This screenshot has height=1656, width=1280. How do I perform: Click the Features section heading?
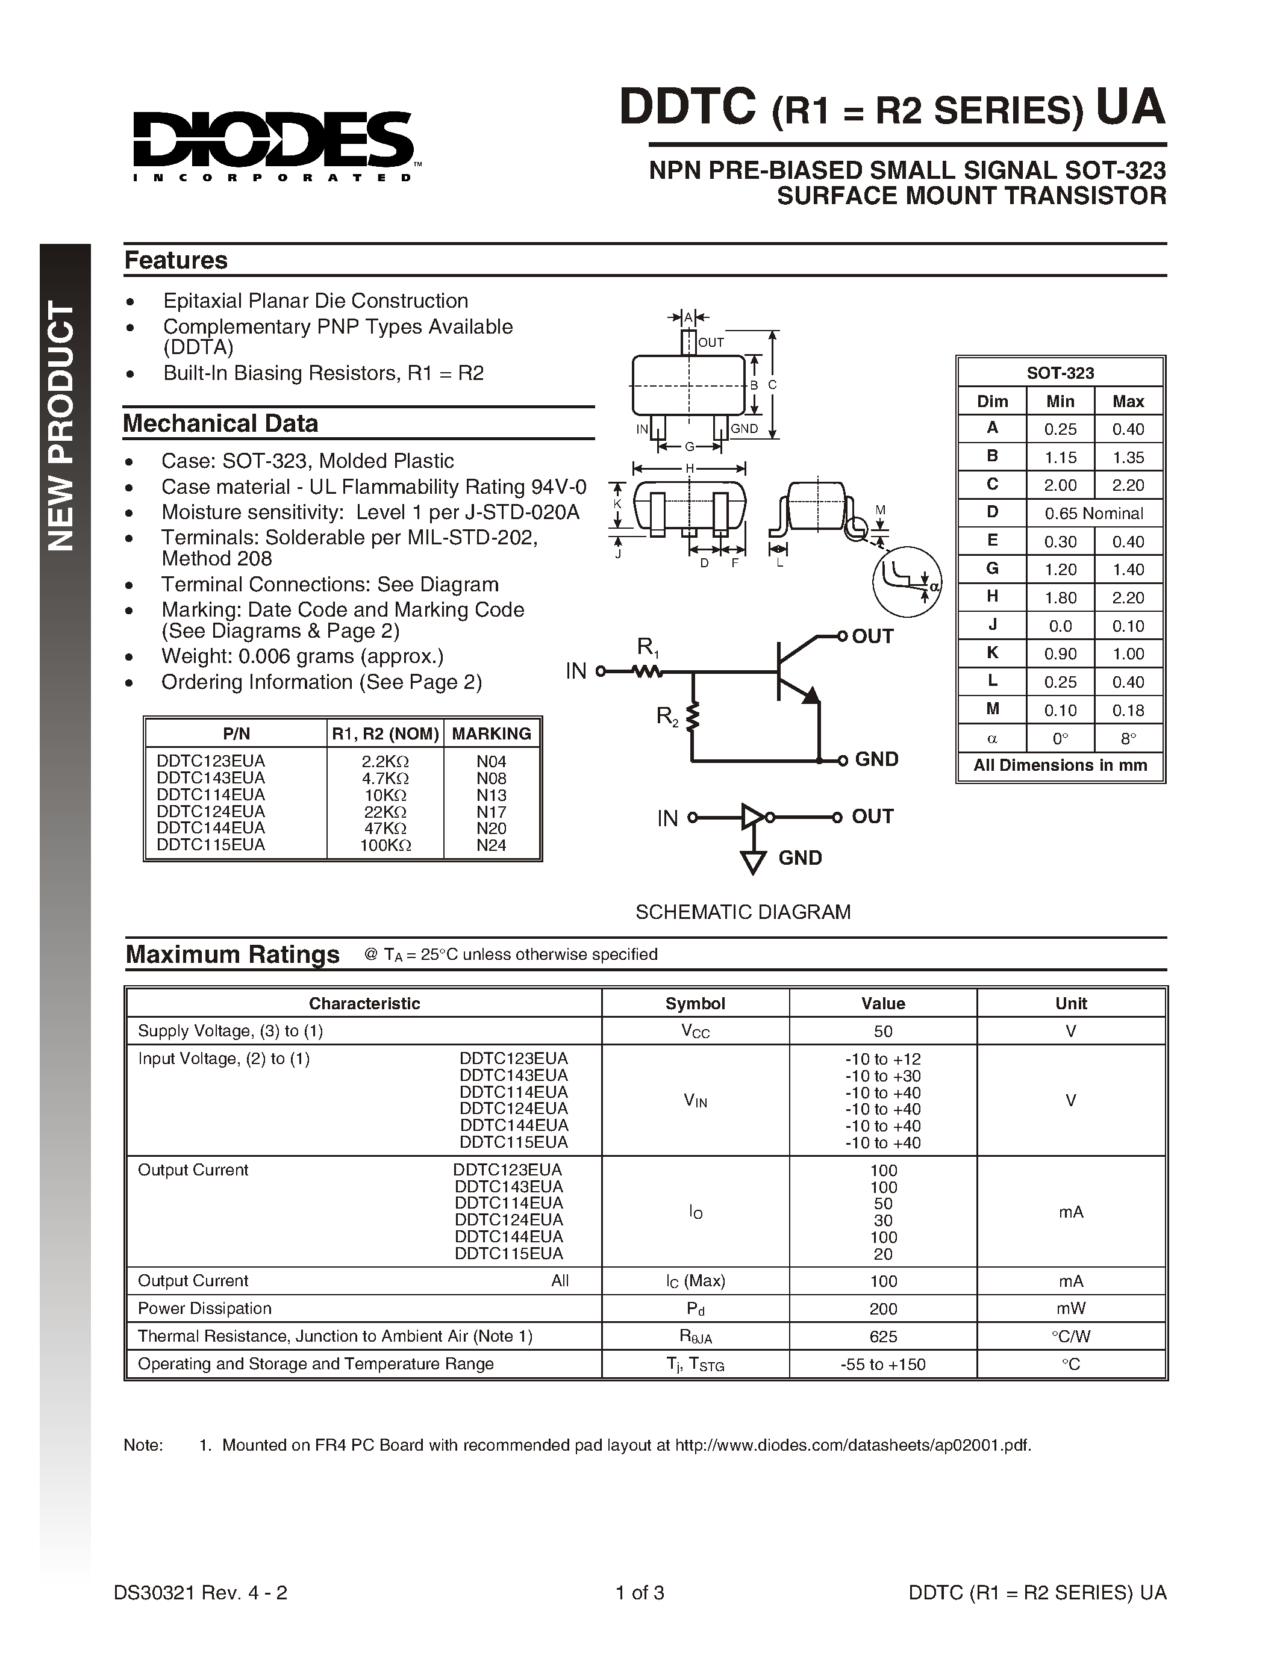tap(176, 260)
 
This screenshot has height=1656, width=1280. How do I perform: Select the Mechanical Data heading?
tap(220, 423)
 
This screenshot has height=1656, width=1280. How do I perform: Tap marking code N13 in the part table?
tap(492, 795)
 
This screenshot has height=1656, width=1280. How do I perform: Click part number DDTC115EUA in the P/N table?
tap(211, 845)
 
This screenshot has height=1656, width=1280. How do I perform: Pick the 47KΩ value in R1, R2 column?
tap(386, 828)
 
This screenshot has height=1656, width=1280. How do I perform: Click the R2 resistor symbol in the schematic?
tap(692, 717)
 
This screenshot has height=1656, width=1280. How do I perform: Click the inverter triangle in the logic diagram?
tap(752, 817)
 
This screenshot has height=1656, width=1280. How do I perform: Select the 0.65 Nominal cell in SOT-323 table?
tap(1093, 513)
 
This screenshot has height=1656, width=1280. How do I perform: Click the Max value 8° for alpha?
tap(1128, 738)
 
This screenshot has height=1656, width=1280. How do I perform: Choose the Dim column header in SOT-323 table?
tap(992, 401)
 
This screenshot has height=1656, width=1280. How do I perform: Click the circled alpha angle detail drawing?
tap(907, 582)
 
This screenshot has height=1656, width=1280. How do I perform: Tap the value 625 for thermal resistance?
tap(882, 1336)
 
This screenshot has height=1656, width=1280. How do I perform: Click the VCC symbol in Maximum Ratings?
tap(695, 1031)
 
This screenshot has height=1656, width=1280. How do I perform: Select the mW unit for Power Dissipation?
tap(1071, 1309)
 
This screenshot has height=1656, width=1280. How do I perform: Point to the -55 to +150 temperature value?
tap(882, 1364)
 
